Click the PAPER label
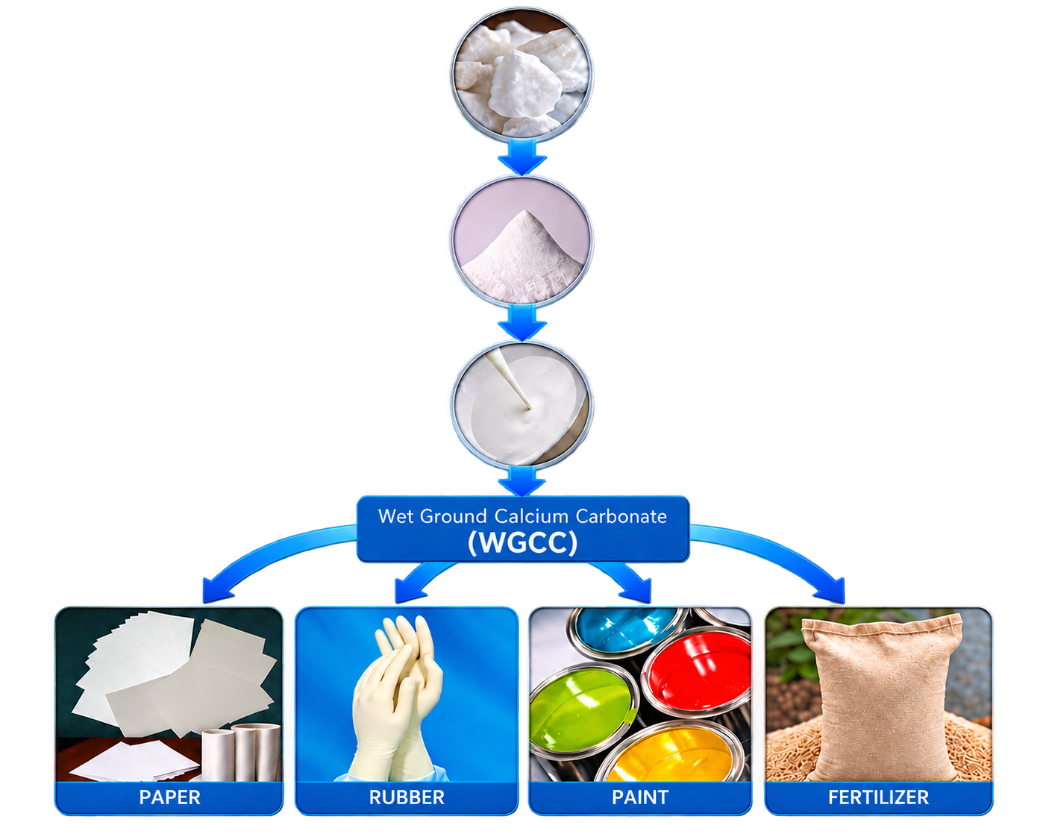[169, 797]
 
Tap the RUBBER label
[407, 797]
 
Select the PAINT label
[640, 797]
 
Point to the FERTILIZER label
[878, 797]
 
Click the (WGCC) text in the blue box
[522, 542]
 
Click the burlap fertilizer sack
[880, 697]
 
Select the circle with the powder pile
[522, 241]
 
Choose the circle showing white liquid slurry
[522, 405]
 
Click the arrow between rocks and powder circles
[522, 157]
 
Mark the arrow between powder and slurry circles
[522, 322]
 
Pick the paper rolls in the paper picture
[241, 753]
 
